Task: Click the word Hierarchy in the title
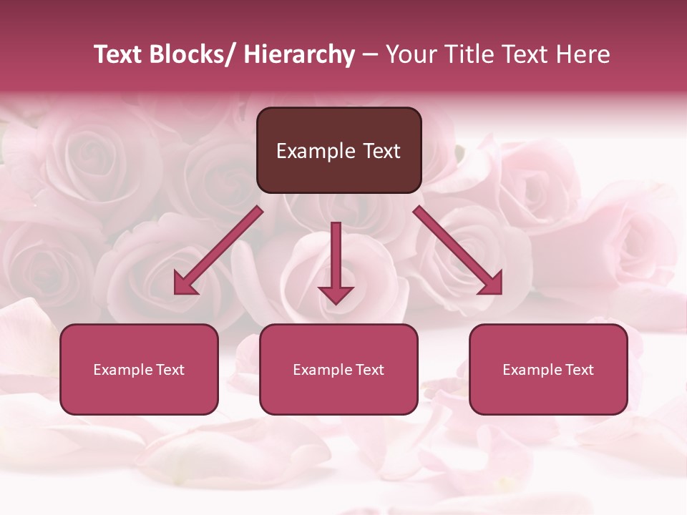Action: point(299,55)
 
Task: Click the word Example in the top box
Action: point(315,151)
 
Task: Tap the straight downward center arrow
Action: point(336,257)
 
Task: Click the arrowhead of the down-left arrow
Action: point(185,285)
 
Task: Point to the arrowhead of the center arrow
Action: point(336,294)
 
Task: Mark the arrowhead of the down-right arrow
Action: point(492,284)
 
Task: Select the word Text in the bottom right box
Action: point(580,370)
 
